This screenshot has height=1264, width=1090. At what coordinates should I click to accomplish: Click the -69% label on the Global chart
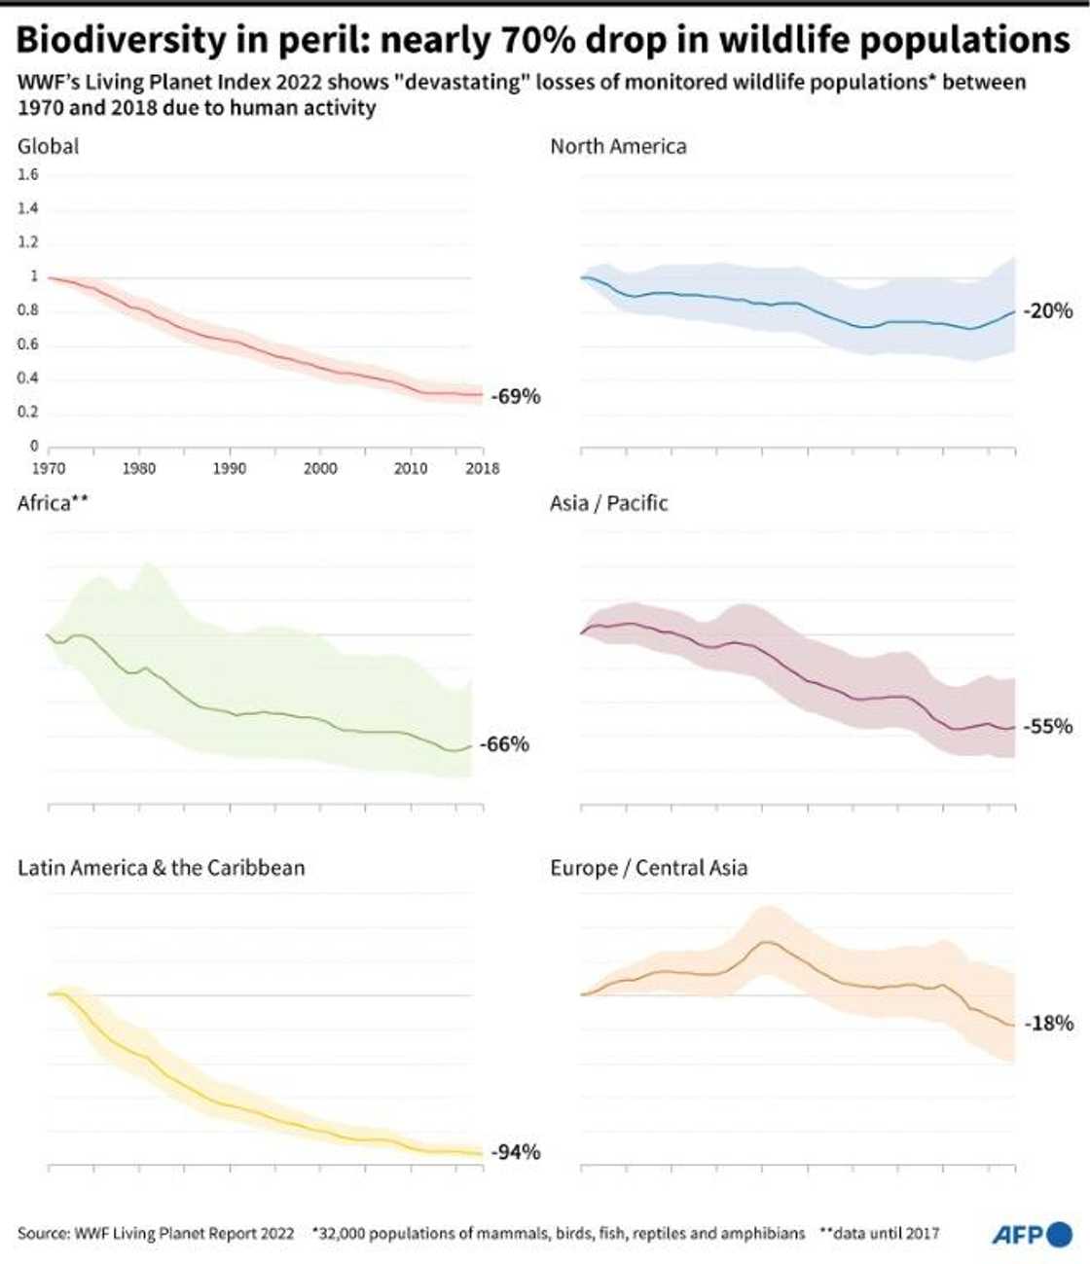click(516, 397)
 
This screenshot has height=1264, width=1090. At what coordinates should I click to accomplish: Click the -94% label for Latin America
click(516, 1152)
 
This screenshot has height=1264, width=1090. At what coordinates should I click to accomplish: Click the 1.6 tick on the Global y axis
click(28, 175)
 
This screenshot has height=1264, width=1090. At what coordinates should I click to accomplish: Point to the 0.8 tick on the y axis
click(28, 310)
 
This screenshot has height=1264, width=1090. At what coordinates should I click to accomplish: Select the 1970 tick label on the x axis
click(49, 468)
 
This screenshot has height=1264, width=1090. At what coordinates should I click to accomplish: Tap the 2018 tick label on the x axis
click(482, 468)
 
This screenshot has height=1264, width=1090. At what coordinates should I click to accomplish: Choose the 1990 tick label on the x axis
click(230, 468)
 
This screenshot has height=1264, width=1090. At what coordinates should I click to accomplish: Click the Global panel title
click(49, 146)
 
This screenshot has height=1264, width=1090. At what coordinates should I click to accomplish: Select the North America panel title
click(618, 146)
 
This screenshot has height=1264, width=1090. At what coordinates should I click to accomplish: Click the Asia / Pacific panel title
click(609, 503)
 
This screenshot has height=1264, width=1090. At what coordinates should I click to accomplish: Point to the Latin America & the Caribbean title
click(162, 867)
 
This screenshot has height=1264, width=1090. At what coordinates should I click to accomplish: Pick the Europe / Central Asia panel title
click(649, 867)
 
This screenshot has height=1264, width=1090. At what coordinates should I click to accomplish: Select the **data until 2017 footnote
click(880, 1233)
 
